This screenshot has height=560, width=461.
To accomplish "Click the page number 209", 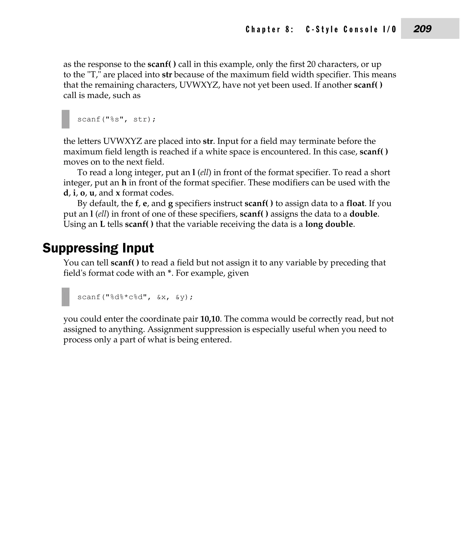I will point(422,29).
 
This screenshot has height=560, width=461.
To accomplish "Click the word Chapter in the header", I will point(263,29).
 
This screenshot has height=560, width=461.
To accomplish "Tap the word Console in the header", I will point(360,29).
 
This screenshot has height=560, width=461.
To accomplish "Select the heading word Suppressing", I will point(80,248).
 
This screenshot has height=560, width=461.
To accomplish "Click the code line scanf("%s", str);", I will point(116,119).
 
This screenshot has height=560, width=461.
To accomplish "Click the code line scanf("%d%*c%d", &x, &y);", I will point(135,297).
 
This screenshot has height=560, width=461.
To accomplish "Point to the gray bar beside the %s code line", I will point(66,119).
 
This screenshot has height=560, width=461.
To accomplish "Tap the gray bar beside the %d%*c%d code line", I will point(66,297).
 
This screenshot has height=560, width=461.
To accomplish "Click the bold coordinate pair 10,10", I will point(211,319).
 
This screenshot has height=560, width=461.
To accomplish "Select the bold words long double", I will point(329,224).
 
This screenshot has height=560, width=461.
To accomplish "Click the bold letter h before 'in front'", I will point(124,183).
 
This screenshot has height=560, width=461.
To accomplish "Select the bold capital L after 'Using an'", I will point(102,224).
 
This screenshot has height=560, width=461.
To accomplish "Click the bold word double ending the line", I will point(363,214).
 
